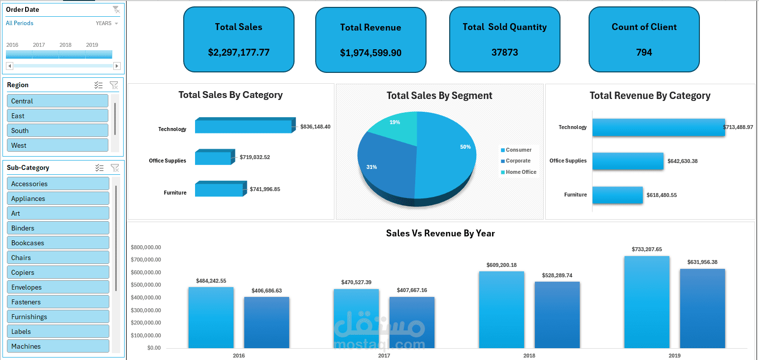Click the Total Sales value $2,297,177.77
click(239, 52)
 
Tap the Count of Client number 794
click(644, 52)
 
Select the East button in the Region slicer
click(58, 116)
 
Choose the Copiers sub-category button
click(58, 272)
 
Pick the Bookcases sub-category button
click(58, 243)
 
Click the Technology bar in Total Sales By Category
click(243, 127)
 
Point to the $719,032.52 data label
click(255, 158)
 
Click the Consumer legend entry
click(518, 150)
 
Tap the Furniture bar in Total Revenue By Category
click(618, 195)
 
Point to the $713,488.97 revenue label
click(738, 127)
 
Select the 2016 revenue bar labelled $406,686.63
click(266, 323)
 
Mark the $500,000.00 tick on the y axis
click(146, 285)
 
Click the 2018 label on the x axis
click(529, 356)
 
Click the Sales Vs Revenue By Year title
click(440, 233)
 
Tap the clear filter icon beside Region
click(114, 85)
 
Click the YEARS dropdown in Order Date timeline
click(107, 23)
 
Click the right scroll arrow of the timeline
click(117, 66)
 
